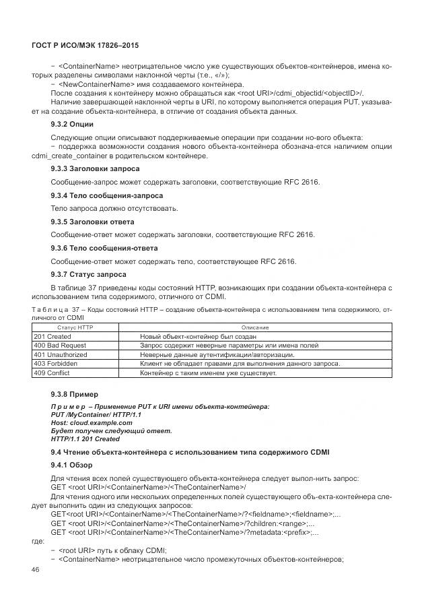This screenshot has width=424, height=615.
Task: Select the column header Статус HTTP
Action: (75, 327)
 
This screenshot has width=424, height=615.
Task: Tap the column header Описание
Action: (255, 327)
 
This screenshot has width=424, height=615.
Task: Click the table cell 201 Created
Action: (52, 336)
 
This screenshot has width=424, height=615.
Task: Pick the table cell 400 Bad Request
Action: (59, 345)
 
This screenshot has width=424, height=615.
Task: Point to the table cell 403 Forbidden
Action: (56, 363)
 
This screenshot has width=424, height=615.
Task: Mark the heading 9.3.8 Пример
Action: (74, 394)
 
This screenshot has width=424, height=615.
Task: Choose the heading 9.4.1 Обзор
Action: (71, 465)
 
